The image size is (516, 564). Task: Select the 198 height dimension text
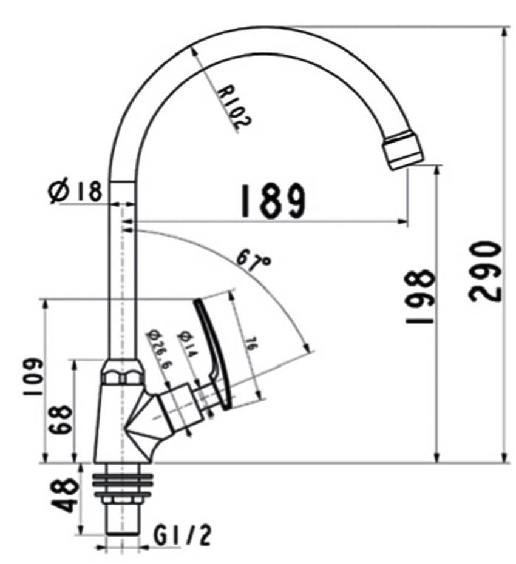tap(421, 297)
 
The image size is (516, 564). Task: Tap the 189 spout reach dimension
tap(272, 201)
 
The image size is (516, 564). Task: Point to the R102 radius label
tap(234, 106)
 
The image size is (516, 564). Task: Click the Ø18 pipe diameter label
tap(75, 192)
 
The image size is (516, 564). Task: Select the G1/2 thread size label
tap(182, 535)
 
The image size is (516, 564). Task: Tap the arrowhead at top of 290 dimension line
tap(504, 31)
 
